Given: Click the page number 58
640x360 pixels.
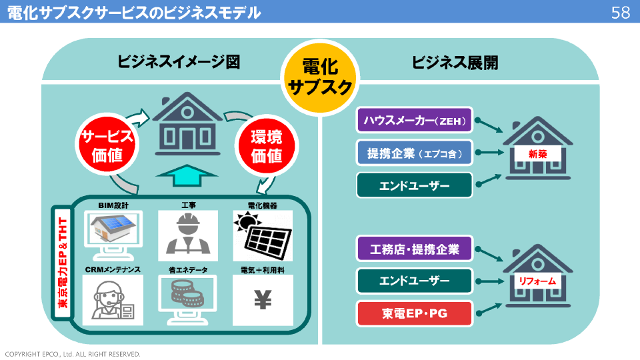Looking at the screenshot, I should (620, 12).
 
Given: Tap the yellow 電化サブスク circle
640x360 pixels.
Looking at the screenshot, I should (320, 77).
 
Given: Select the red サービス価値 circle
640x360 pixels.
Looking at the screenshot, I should (107, 147).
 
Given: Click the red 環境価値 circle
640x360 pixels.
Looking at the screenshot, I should (266, 147).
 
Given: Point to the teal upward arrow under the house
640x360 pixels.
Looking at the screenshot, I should (187, 177).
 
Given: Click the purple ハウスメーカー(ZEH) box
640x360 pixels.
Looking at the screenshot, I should (415, 121).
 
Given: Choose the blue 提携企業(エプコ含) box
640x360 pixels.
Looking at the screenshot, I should (415, 153).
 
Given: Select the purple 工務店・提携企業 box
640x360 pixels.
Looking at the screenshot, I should (415, 249).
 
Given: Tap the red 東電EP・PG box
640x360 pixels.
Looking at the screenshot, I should (415, 313).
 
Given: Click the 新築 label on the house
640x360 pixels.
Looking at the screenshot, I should (537, 154).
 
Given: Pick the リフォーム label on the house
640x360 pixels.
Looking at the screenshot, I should (537, 281).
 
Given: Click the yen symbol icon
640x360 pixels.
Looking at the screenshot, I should (263, 301).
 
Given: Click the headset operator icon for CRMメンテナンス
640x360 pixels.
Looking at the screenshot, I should (111, 300).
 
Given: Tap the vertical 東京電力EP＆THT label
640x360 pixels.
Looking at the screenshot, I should (63, 263).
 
